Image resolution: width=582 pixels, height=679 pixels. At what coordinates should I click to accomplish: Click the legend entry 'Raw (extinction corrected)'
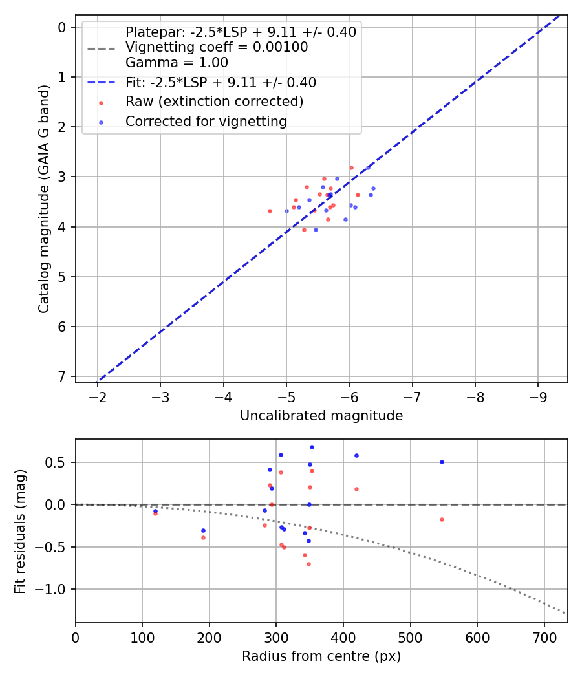tap(214, 102)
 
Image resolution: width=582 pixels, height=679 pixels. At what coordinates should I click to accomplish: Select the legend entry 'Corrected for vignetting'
tap(206, 121)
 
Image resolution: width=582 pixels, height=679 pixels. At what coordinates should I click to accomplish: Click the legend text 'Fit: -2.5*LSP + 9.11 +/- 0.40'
tap(221, 83)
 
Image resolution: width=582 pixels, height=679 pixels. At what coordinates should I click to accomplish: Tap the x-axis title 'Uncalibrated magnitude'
tap(321, 416)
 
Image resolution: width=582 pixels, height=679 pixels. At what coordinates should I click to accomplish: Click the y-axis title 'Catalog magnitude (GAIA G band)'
tap(44, 202)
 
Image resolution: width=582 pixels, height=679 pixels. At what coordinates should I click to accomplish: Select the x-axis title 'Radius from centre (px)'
tap(321, 656)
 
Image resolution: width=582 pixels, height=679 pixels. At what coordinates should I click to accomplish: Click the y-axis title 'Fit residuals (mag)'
tap(21, 531)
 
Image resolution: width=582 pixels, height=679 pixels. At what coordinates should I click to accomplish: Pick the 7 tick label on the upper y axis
tap(63, 376)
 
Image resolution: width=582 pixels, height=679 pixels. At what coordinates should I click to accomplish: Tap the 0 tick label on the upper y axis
tap(63, 27)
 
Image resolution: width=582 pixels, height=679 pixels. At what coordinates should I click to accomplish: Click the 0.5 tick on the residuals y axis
tap(59, 462)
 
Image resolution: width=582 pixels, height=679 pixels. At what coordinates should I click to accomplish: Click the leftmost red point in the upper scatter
tap(270, 211)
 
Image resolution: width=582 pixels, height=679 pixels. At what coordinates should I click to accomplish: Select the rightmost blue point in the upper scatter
tap(373, 188)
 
